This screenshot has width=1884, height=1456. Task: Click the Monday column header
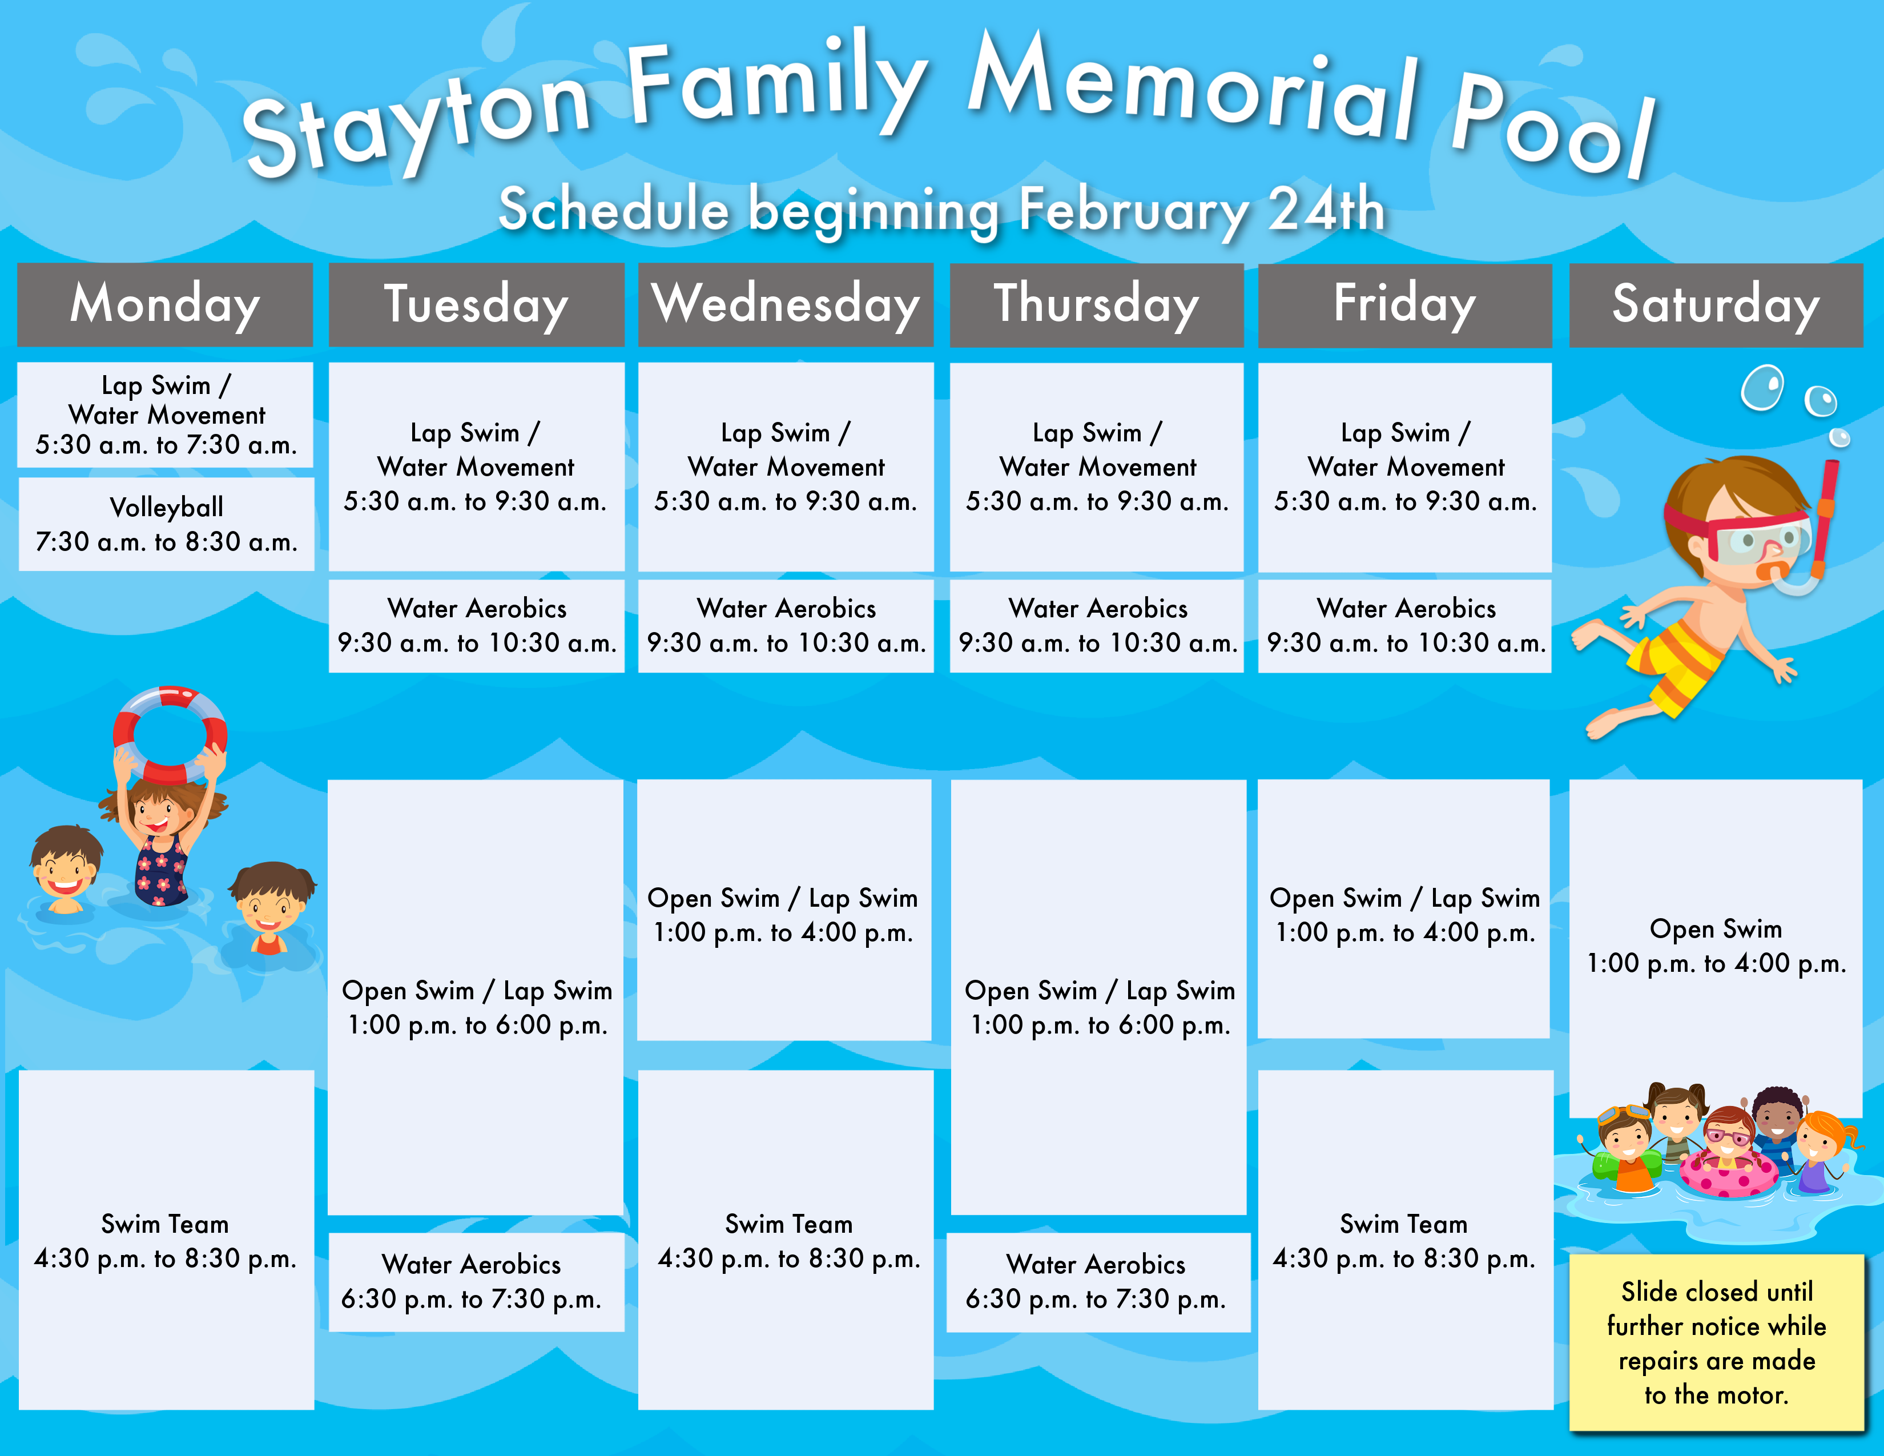click(x=165, y=304)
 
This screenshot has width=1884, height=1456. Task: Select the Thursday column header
click(x=1096, y=304)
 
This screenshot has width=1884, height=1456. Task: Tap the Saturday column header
click(x=1716, y=304)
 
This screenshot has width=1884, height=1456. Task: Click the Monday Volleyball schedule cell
click(x=167, y=524)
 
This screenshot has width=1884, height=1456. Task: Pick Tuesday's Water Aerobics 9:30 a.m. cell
click(x=476, y=625)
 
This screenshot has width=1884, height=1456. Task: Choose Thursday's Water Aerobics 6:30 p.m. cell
click(x=1098, y=1282)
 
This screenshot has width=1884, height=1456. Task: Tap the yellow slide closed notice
click(x=1716, y=1342)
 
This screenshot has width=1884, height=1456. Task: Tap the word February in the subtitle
click(x=1132, y=210)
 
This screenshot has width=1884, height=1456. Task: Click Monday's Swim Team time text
click(x=165, y=1258)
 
